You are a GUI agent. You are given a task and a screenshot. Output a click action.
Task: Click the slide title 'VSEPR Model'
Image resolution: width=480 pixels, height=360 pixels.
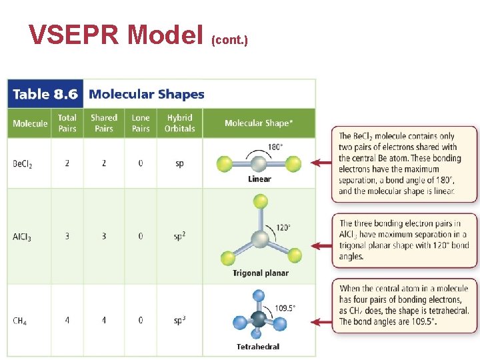[117, 35]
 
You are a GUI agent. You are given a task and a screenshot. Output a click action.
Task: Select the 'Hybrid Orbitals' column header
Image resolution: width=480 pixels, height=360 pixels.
[179, 123]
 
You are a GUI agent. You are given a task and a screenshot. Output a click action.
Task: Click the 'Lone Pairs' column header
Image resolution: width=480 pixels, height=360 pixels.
[141, 123]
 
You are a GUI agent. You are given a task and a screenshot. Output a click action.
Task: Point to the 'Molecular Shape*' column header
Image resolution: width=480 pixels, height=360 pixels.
[258, 123]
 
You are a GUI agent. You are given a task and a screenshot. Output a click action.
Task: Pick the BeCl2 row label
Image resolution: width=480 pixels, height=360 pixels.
[23, 163]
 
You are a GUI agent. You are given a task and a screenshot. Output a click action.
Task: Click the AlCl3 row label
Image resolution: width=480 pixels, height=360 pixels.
[22, 237]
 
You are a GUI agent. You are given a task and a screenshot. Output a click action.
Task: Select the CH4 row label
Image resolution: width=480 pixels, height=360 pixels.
[20, 321]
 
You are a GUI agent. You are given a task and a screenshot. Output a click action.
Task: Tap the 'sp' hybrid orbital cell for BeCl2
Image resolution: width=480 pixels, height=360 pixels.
[179, 163]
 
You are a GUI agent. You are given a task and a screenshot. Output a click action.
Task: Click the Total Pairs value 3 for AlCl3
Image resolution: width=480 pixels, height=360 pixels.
[67, 236]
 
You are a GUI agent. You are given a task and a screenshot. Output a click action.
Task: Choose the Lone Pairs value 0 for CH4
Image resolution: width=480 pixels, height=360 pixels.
[141, 321]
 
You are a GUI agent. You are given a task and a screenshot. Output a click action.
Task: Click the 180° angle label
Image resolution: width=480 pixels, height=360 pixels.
[275, 147]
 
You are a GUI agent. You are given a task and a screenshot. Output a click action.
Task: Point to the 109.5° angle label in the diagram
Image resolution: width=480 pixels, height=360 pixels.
[285, 308]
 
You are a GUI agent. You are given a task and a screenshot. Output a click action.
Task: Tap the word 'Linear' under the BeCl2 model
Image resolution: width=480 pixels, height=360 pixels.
[259, 179]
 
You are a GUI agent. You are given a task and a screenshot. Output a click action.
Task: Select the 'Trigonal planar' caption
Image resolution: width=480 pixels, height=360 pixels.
[261, 273]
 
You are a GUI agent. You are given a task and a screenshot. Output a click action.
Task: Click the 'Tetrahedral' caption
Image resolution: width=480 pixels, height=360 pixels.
[258, 347]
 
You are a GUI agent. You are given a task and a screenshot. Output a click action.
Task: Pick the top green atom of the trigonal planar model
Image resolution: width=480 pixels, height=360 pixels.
[261, 201]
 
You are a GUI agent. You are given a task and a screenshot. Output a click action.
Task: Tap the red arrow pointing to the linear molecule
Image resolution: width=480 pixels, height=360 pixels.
[323, 162]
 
